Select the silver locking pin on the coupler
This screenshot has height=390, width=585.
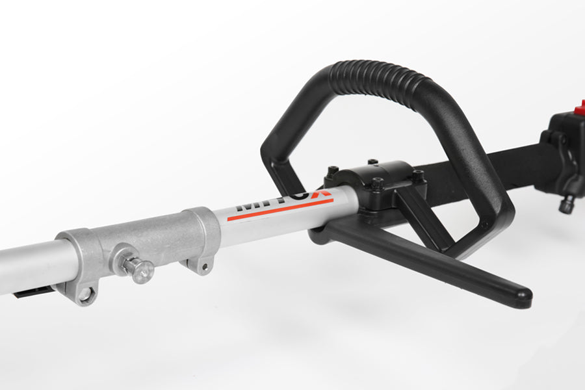click(139, 268)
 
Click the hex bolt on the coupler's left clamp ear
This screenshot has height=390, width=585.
click(85, 294)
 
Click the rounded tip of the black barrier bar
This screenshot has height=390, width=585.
click(520, 298)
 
